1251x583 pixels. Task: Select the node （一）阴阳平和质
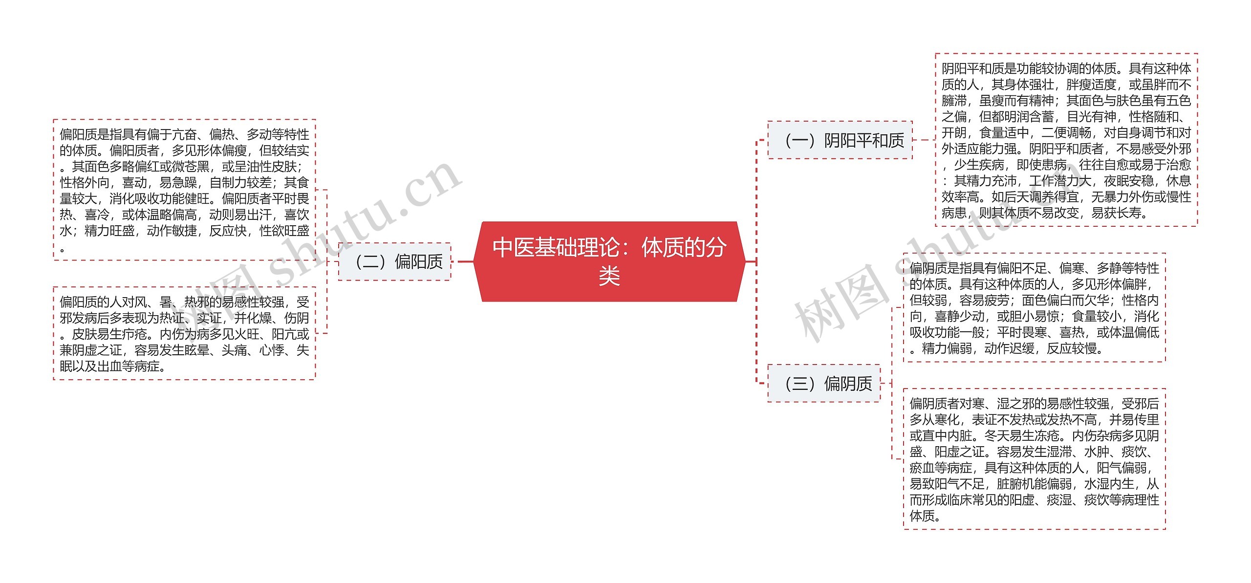(840, 140)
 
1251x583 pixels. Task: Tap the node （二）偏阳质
(394, 262)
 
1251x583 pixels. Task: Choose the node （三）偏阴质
(824, 384)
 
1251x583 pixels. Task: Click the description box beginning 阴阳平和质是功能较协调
(1066, 140)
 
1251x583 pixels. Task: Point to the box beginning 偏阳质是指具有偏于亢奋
(184, 190)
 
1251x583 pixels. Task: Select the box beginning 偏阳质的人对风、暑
(184, 333)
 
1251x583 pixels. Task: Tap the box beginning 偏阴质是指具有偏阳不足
(1034, 308)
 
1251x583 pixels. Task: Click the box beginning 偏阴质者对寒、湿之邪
(1034, 459)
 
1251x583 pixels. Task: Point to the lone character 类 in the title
(609, 277)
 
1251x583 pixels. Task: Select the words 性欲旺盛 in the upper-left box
(284, 231)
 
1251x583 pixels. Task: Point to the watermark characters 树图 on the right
(841, 303)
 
